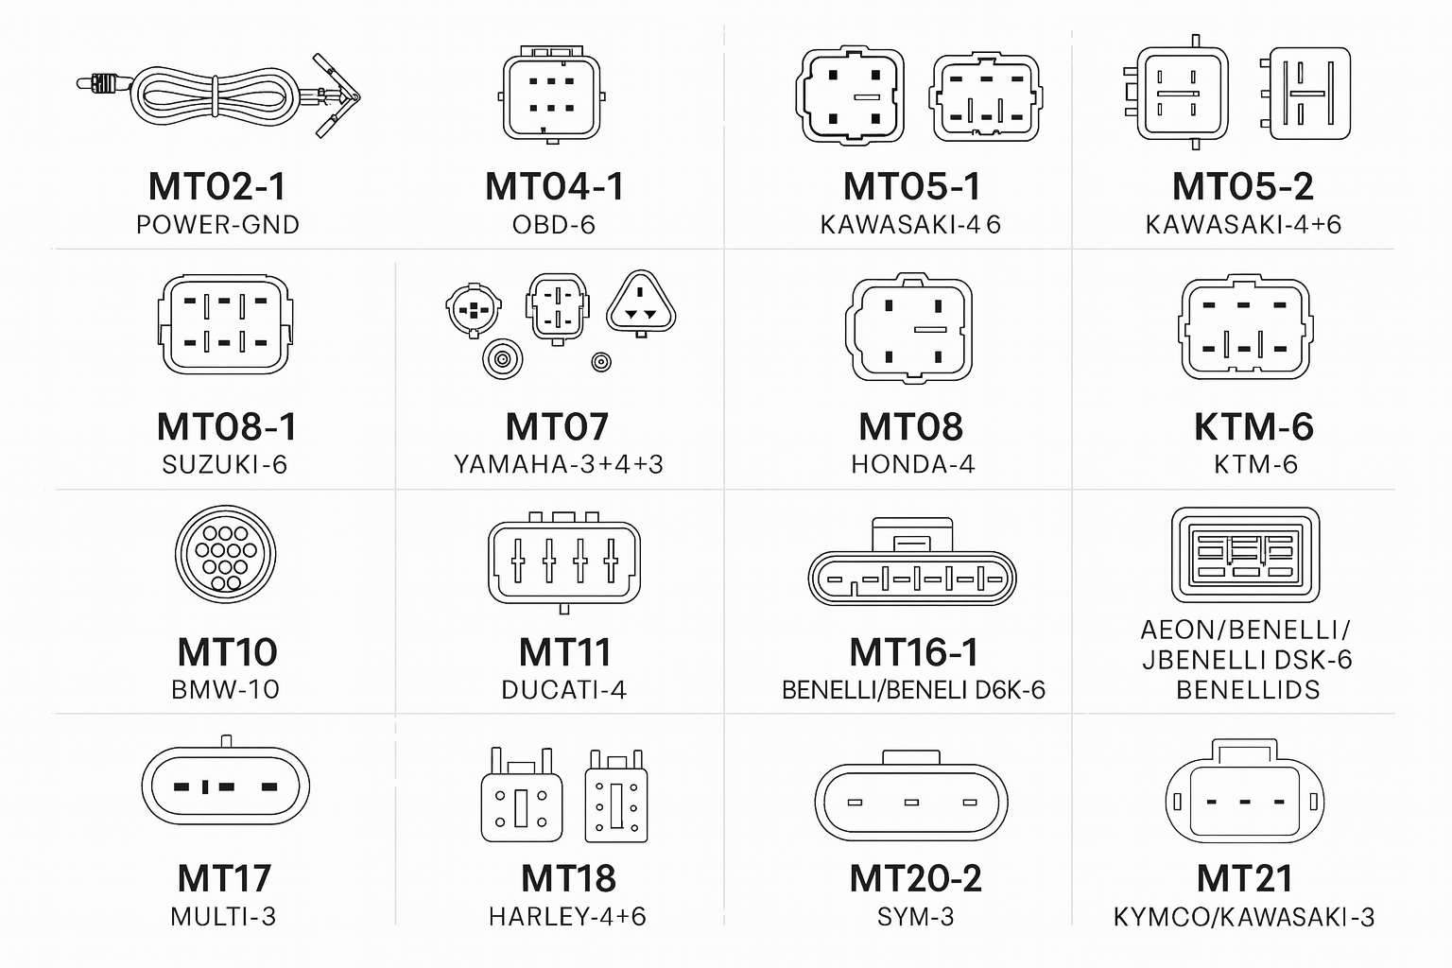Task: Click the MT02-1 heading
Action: tap(217, 186)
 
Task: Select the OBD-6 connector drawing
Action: tap(552, 95)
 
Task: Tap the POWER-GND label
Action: tap(217, 225)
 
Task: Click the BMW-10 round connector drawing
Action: tap(226, 554)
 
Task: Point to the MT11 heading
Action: tap(564, 651)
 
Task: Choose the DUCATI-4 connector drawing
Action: tap(564, 562)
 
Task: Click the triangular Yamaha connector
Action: tap(641, 302)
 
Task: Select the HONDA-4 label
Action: tap(912, 464)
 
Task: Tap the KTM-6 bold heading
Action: tap(1253, 426)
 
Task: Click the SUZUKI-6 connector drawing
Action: tap(225, 323)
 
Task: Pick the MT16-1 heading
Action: tap(913, 651)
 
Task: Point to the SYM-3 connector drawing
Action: tap(911, 796)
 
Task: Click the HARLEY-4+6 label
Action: tap(567, 917)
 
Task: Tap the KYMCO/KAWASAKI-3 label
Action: tap(1244, 917)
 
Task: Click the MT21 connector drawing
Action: tap(1245, 791)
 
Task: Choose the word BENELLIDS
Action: tap(1248, 690)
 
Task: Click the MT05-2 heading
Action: tap(1243, 186)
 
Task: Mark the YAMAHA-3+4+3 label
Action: tap(559, 464)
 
